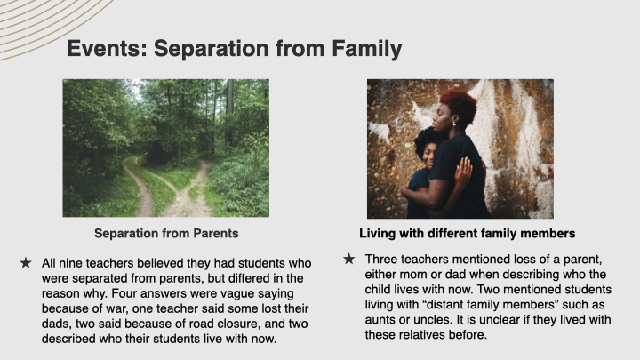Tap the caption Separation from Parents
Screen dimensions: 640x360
pos(166,233)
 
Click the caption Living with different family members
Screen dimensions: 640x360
pos(468,233)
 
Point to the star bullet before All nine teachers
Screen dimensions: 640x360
pos(25,263)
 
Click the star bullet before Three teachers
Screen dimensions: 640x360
pos(348,259)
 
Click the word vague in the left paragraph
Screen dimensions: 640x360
pos(276,293)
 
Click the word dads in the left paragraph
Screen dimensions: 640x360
pos(56,324)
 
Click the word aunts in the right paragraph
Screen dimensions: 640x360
pos(381,320)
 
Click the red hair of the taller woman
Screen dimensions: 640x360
pos(460,104)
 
